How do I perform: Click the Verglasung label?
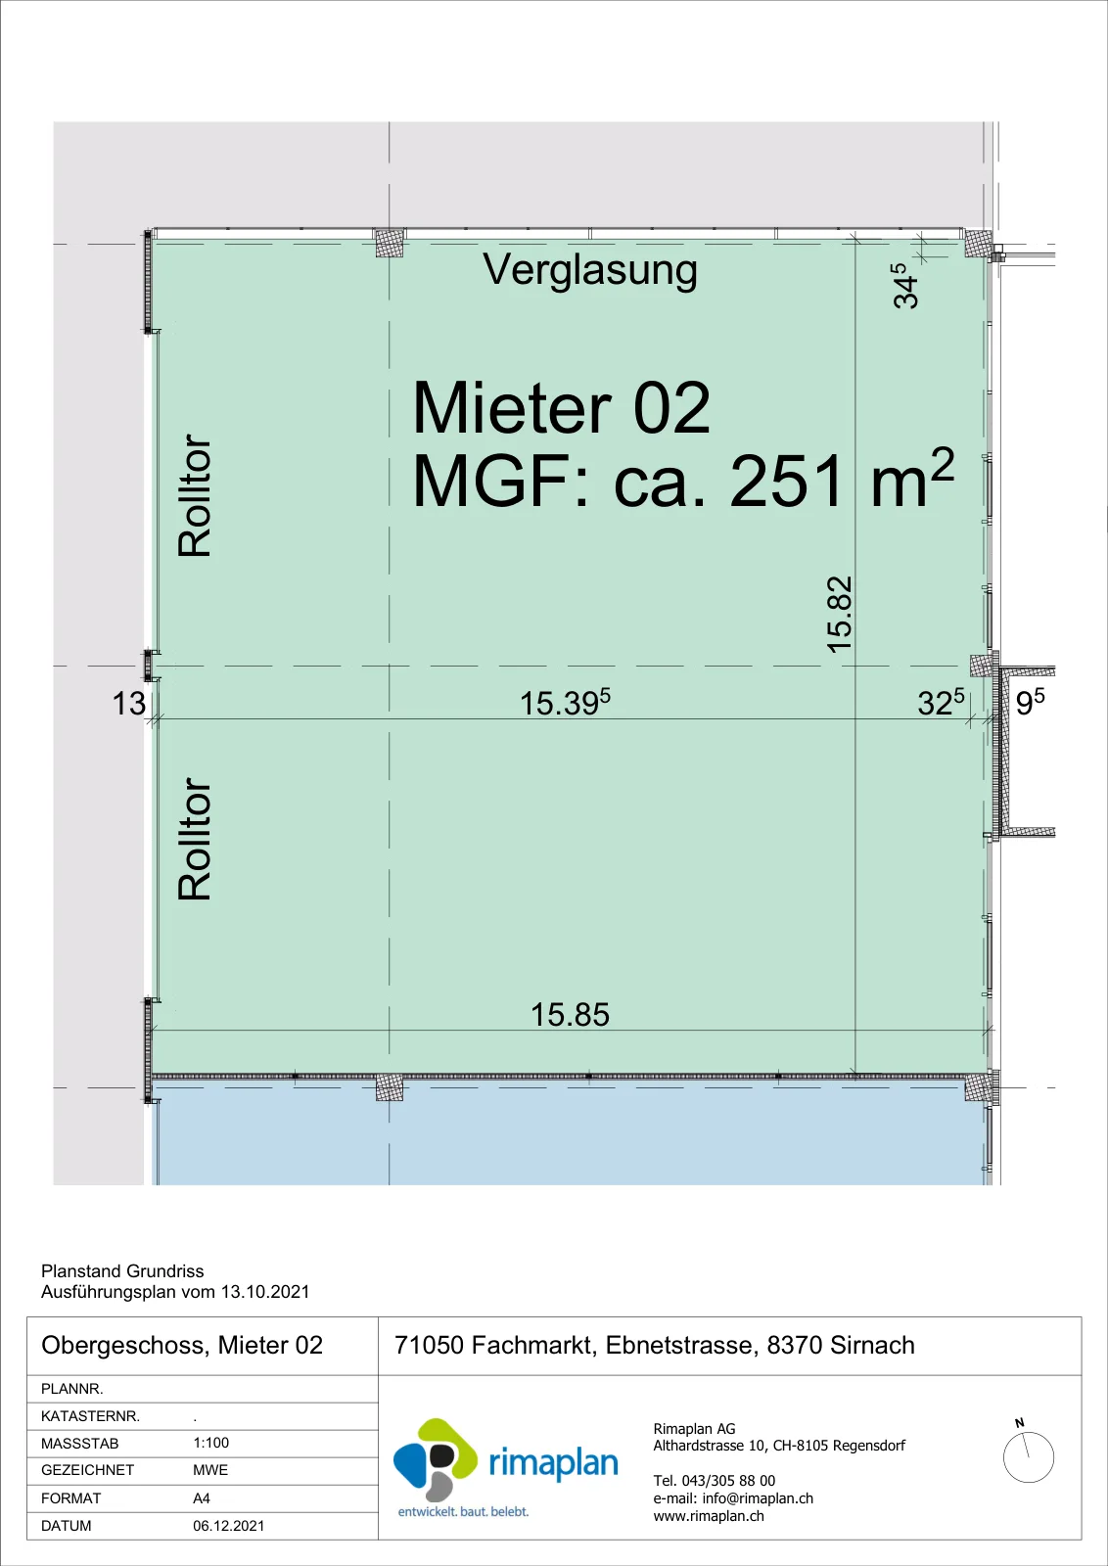[590, 270]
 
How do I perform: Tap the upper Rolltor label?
[195, 495]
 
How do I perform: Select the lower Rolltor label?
[195, 839]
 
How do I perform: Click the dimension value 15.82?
[839, 614]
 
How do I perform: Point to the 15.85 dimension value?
[570, 1014]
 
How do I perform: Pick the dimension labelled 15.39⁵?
[565, 702]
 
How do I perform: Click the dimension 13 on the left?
[128, 704]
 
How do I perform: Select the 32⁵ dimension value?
[941, 702]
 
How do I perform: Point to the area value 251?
[786, 481]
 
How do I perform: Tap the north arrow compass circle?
[1028, 1457]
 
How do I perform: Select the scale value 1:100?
[211, 1443]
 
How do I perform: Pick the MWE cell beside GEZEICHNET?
[210, 1470]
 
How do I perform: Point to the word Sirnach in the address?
[872, 1345]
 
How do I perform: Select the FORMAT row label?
[70, 1498]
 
